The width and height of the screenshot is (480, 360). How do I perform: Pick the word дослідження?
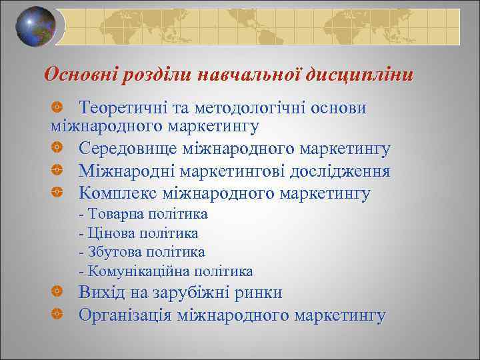341,171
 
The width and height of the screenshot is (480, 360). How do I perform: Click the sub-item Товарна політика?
143,214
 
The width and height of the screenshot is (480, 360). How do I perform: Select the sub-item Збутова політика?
141,252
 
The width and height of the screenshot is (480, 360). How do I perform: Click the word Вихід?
101,292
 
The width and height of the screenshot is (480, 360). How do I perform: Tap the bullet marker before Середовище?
58,150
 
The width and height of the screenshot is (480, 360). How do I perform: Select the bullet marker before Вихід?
58,293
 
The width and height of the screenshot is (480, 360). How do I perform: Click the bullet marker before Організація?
58,315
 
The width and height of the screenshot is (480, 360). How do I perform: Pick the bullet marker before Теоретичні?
58,108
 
